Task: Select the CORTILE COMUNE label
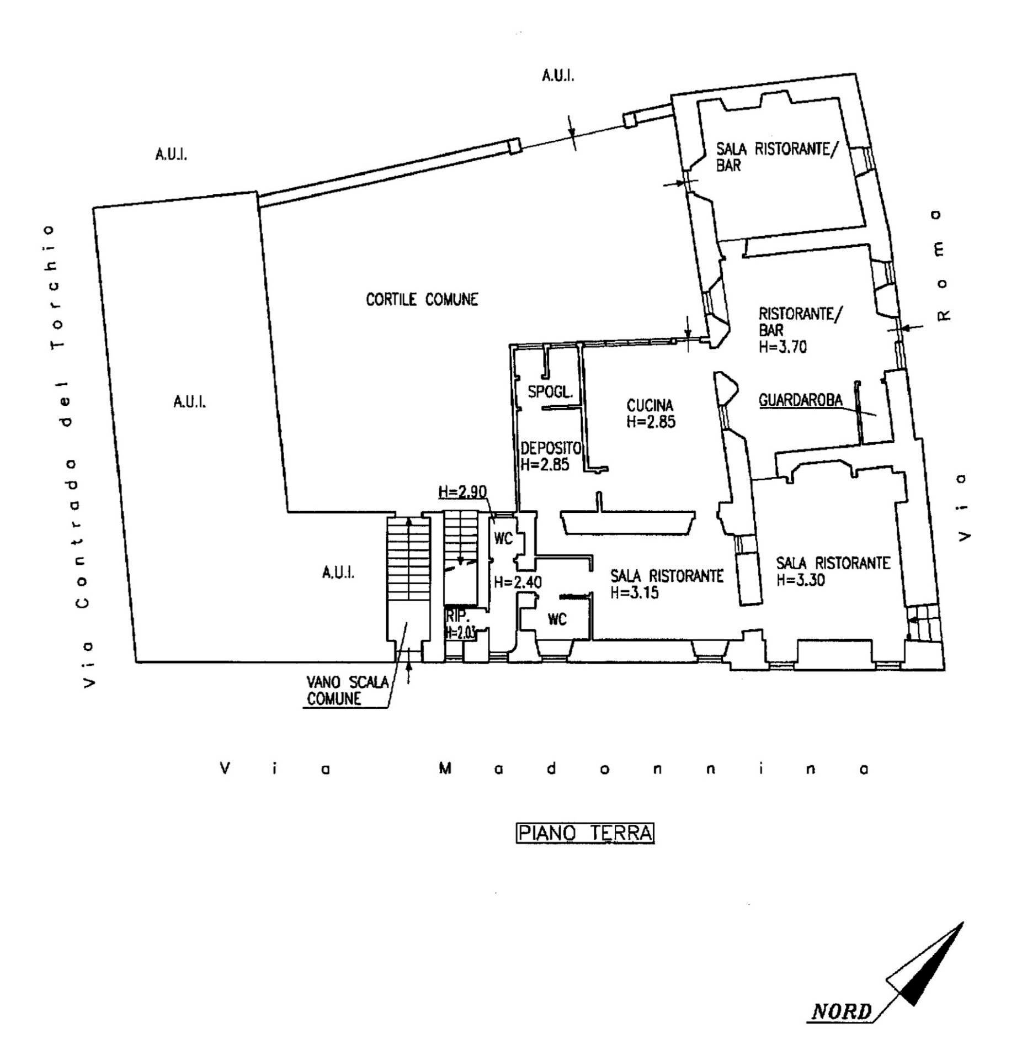point(422,299)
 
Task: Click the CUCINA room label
point(650,405)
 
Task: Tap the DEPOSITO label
point(550,447)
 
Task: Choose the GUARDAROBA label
point(801,400)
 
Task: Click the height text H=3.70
point(783,347)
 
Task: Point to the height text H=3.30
point(800,580)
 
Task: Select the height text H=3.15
point(635,593)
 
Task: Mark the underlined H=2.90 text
point(462,491)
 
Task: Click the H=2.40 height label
point(518,581)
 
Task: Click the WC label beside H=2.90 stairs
point(503,538)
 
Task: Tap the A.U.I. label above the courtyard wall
point(557,76)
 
